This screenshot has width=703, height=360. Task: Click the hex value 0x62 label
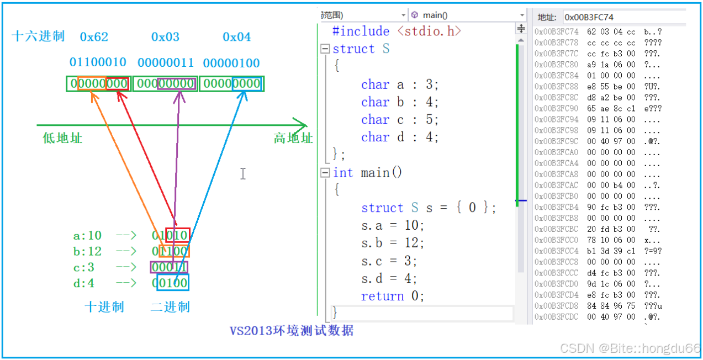pyautogui.click(x=94, y=37)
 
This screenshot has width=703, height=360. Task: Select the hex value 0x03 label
pyautogui.click(x=165, y=37)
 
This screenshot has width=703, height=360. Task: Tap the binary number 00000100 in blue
pyautogui.click(x=231, y=63)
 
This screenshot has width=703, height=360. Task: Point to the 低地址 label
pyautogui.click(x=62, y=138)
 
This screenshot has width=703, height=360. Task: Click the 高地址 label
pyautogui.click(x=293, y=138)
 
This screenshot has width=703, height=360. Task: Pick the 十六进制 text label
pyautogui.click(x=38, y=37)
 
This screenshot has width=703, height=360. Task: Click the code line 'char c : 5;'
pyautogui.click(x=400, y=120)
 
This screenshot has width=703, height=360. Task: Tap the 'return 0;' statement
pyautogui.click(x=393, y=296)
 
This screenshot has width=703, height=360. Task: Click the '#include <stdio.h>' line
pyautogui.click(x=397, y=31)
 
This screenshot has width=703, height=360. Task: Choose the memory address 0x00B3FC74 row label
pyautogui.click(x=556, y=31)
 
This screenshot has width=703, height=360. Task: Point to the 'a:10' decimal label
pyautogui.click(x=87, y=236)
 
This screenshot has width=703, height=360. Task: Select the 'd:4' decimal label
pyautogui.click(x=83, y=283)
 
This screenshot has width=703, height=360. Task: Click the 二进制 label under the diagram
pyautogui.click(x=170, y=307)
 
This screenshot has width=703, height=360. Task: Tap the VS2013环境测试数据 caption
pyautogui.click(x=291, y=331)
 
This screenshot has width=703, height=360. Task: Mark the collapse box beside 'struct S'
pyautogui.click(x=325, y=49)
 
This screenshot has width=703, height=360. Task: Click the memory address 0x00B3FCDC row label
pyautogui.click(x=556, y=317)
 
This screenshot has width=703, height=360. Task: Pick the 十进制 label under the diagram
pyautogui.click(x=104, y=307)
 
